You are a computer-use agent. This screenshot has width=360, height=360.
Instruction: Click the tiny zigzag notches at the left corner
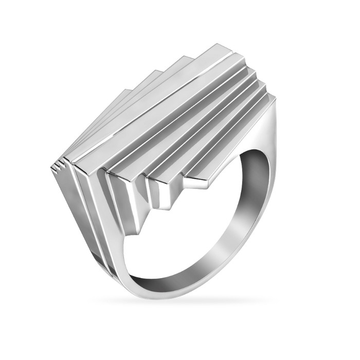[59, 166]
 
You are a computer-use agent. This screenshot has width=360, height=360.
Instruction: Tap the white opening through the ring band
[190, 226]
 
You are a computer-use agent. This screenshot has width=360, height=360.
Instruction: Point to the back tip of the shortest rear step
[125, 91]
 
